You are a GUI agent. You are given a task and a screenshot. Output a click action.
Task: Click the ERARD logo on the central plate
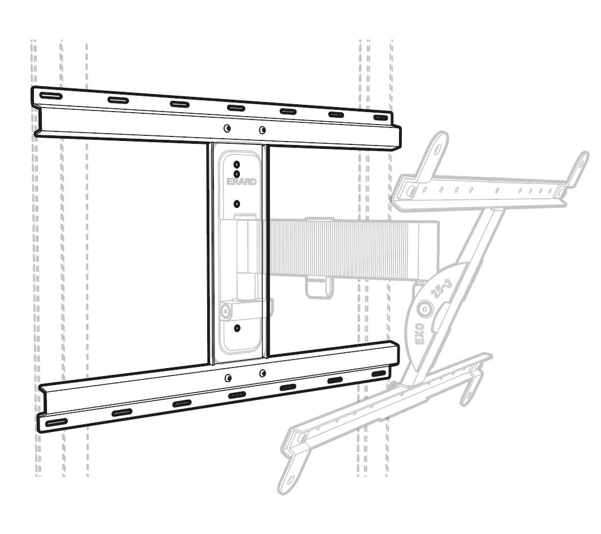coord(242,181)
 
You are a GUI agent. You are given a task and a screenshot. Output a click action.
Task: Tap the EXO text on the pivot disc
coord(420,334)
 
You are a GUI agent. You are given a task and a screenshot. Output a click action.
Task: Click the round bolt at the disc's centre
coord(425,309)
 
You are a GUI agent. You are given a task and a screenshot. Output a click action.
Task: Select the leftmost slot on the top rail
coord(50,96)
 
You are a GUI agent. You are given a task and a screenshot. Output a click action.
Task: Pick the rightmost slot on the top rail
coord(381,117)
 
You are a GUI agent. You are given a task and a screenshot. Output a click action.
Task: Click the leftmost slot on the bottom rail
coord(57,422)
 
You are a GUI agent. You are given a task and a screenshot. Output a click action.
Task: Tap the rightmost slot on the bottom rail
coord(379,374)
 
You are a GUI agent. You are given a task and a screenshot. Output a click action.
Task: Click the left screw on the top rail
coord(227,128)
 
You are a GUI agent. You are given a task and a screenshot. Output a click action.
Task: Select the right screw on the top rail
coord(262,130)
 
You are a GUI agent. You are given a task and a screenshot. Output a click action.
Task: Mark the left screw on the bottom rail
coord(228,378)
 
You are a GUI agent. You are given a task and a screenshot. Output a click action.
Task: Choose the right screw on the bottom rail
coord(263,373)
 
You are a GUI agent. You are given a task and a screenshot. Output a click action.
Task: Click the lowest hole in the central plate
coord(237,328)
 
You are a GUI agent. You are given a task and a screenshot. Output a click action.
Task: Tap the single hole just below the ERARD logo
coord(237,203)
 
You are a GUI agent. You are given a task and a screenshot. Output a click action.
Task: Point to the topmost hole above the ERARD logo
coord(237,164)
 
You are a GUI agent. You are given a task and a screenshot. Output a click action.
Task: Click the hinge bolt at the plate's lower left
coord(225,311)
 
